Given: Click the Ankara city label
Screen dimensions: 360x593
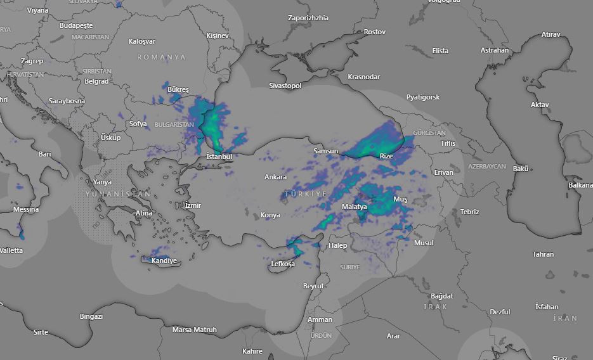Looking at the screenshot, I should [x=275, y=177].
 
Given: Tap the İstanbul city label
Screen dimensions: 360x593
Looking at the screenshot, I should [x=219, y=157].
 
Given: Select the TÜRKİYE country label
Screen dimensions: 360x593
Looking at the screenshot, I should [x=306, y=193].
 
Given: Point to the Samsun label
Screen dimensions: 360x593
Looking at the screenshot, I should [x=326, y=151].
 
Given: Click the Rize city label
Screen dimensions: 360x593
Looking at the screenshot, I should [x=386, y=156].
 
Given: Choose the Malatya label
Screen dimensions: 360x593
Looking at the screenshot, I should [x=354, y=207].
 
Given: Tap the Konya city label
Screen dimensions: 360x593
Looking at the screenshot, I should [x=270, y=215].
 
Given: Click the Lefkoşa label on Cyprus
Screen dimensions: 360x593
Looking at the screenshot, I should [x=283, y=264].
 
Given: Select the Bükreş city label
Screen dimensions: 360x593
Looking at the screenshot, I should [x=178, y=90].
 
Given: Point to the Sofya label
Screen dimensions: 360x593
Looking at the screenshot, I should [x=138, y=124].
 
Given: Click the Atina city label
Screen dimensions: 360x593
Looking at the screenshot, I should [x=144, y=213].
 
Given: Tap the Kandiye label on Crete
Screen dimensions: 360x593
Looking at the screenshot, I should [x=164, y=260].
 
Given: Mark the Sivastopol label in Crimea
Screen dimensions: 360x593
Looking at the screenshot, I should [x=285, y=85].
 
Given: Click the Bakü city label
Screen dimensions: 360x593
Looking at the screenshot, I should [x=521, y=169].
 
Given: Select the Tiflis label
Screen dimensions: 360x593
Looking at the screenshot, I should [x=448, y=143].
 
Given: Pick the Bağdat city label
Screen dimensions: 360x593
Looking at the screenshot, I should [x=442, y=296].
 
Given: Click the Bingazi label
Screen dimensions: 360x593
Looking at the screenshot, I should [x=91, y=316].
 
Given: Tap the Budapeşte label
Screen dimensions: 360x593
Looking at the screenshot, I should [x=76, y=26].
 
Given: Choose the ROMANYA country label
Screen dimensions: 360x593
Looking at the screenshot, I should [x=162, y=57].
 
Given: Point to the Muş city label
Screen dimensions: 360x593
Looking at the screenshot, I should [x=401, y=199].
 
